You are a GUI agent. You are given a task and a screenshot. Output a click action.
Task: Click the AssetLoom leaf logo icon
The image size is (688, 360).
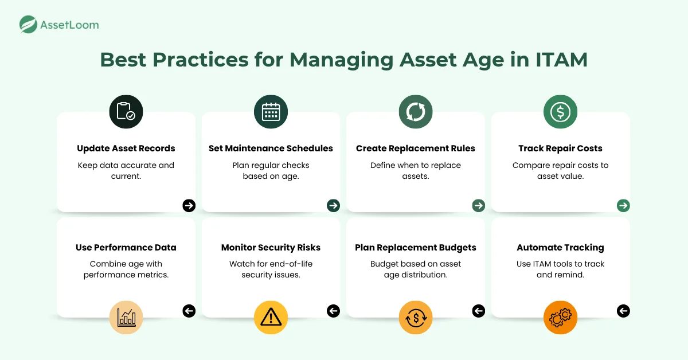click(28, 25)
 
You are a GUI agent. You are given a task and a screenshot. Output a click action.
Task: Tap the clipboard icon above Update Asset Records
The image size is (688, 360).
click(126, 112)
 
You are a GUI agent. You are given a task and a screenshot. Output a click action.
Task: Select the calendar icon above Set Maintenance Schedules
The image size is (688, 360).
click(271, 112)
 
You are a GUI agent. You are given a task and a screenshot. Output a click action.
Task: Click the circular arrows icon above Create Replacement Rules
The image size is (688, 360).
click(416, 112)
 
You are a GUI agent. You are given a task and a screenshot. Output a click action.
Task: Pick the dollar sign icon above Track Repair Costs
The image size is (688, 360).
click(560, 112)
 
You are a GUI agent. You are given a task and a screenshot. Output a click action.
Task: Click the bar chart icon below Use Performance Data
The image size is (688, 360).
click(126, 317)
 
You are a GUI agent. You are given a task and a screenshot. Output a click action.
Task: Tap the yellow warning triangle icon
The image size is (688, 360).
click(271, 317)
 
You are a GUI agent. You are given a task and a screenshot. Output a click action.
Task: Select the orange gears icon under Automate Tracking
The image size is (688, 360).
click(560, 317)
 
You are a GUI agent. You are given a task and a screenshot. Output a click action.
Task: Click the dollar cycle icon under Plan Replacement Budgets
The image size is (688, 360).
click(416, 317)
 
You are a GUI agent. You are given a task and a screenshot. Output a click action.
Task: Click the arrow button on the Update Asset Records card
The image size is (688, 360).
click(189, 205)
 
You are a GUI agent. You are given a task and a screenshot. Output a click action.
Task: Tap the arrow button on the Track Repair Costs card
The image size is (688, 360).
click(623, 205)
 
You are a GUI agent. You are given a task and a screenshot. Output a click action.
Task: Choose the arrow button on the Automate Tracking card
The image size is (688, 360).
click(623, 311)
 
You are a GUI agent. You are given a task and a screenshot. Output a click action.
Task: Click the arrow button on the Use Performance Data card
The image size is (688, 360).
click(189, 311)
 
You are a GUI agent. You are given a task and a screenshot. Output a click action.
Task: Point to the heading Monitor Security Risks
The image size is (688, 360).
click(271, 248)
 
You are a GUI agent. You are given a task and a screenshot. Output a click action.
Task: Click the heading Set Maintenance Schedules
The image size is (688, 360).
click(271, 148)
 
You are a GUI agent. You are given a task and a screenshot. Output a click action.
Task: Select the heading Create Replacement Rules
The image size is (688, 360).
click(416, 148)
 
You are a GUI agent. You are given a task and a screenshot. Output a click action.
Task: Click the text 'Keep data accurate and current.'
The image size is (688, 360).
click(126, 171)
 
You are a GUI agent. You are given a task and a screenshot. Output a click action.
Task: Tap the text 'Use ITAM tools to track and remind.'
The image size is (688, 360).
click(560, 269)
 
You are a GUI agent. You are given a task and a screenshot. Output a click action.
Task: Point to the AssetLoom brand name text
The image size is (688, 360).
click(69, 25)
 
